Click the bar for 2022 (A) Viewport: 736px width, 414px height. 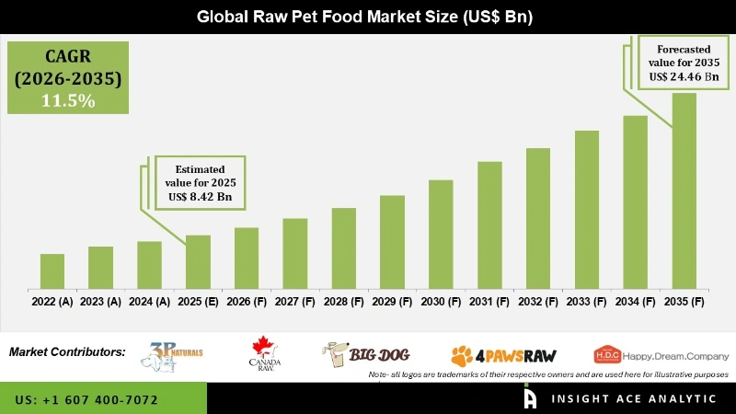(x=52, y=271)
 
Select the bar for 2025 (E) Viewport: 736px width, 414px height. (x=198, y=262)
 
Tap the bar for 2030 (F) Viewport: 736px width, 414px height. (x=441, y=235)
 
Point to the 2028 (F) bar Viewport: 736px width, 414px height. (x=344, y=248)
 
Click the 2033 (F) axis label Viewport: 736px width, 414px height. (x=587, y=301)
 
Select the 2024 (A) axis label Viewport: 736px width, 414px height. (x=149, y=301)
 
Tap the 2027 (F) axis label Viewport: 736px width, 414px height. (x=295, y=301)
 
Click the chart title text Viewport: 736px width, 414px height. (x=368, y=17)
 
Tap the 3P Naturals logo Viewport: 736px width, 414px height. (x=176, y=355)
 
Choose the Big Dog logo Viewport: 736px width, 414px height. (x=365, y=353)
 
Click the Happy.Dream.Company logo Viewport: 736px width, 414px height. (x=661, y=355)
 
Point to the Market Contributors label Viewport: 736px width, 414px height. (x=67, y=352)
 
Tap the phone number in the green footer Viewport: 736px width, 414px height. (x=87, y=400)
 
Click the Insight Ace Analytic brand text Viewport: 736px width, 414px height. (x=633, y=398)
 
